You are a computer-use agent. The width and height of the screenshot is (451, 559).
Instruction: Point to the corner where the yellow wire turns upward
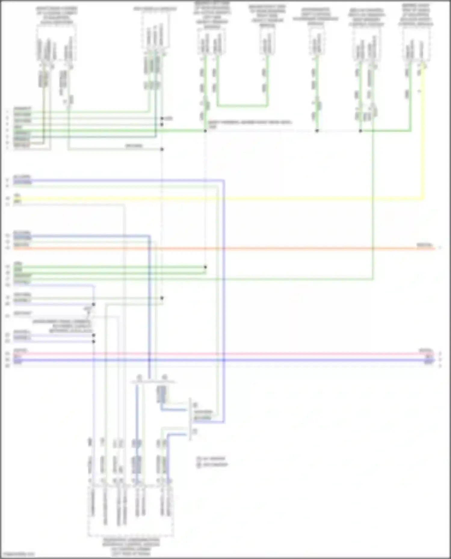(x=423, y=198)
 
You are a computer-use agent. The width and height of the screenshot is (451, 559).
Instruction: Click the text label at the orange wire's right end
(x=424, y=245)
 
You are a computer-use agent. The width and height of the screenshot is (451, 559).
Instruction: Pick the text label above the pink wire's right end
(x=426, y=351)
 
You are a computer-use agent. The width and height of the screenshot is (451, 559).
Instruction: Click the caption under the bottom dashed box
(x=131, y=547)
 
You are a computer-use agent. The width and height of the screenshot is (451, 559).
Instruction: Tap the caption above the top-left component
(x=56, y=15)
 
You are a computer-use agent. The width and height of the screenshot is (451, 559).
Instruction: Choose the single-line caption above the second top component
(x=155, y=9)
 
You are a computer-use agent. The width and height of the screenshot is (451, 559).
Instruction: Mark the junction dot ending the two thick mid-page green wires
(x=205, y=267)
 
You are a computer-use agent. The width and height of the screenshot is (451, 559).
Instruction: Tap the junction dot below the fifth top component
(x=317, y=131)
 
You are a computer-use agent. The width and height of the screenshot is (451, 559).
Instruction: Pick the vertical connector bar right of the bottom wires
(x=190, y=419)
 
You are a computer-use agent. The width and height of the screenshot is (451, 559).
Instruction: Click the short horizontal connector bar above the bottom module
(x=153, y=382)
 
